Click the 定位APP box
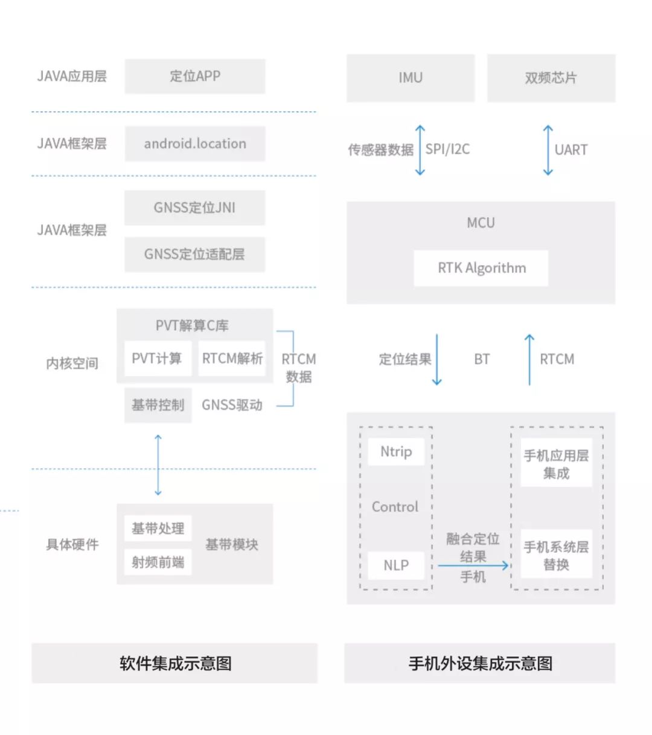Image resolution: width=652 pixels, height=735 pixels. pyautogui.click(x=194, y=76)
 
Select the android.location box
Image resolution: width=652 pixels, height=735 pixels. pyautogui.click(x=194, y=144)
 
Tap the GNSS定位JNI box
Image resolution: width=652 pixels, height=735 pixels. pyautogui.click(x=194, y=208)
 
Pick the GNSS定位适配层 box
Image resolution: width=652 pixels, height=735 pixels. pyautogui.click(x=194, y=254)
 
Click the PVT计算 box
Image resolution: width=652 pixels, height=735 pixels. pyautogui.click(x=157, y=358)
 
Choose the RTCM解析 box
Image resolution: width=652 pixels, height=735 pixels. pyautogui.click(x=232, y=358)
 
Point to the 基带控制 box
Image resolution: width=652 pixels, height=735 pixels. pyautogui.click(x=158, y=405)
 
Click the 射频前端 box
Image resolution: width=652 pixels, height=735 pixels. pyautogui.click(x=158, y=562)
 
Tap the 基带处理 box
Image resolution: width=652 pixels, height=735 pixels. pyautogui.click(x=158, y=529)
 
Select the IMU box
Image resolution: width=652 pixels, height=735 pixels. pyautogui.click(x=410, y=78)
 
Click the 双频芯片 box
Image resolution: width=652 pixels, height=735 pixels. pyautogui.click(x=551, y=78)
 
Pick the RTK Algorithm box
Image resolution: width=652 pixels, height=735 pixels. pyautogui.click(x=481, y=268)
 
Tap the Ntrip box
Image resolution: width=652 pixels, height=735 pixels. pyautogui.click(x=396, y=451)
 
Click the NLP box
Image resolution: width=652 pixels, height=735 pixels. pyautogui.click(x=396, y=565)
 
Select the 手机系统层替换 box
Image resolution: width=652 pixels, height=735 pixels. pyautogui.click(x=556, y=555)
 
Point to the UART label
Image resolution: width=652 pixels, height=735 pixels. pyautogui.click(x=570, y=150)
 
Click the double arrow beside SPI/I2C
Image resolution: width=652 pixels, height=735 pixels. pyautogui.click(x=420, y=150)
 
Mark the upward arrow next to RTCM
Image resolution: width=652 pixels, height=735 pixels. pyautogui.click(x=529, y=359)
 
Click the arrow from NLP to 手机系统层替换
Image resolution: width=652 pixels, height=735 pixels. pyautogui.click(x=473, y=565)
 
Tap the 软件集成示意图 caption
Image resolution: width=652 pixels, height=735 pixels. pyautogui.click(x=175, y=663)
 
